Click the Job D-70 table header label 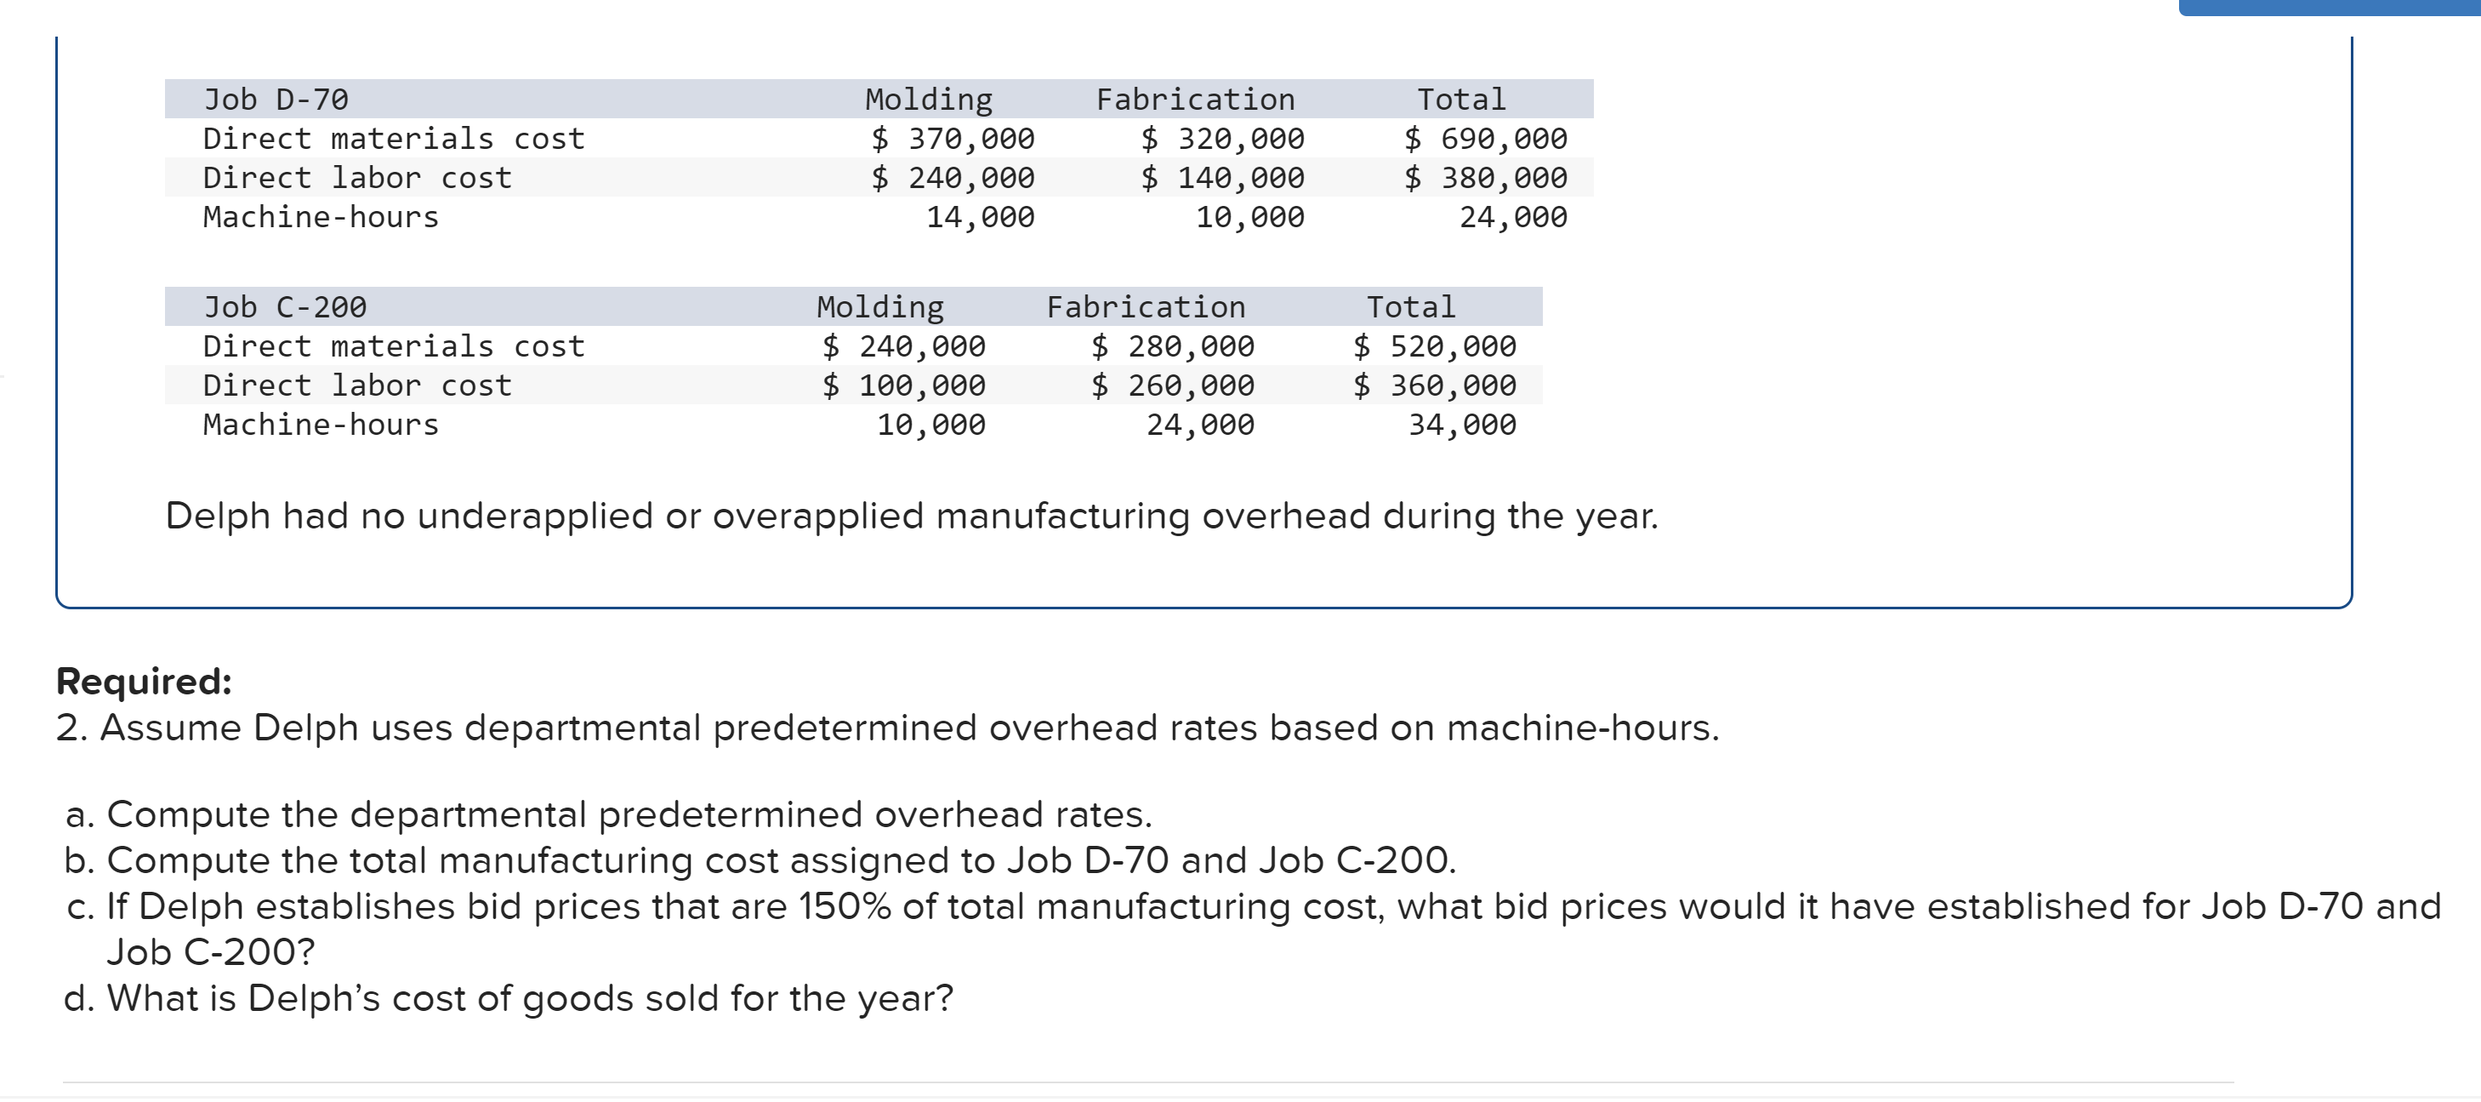[276, 100]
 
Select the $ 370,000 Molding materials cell [953, 139]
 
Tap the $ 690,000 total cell [1485, 139]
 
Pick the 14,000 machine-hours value [980, 218]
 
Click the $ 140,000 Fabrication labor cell [1222, 178]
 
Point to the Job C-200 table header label [284, 307]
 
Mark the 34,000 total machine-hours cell [1462, 425]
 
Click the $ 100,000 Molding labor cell [903, 386]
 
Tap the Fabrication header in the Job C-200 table [1147, 307]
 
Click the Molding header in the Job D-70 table [929, 100]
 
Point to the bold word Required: [145, 681]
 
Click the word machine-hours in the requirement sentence [1581, 728]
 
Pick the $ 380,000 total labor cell [1485, 178]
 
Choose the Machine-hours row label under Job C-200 [321, 425]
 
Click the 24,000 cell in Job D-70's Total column [1512, 218]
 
